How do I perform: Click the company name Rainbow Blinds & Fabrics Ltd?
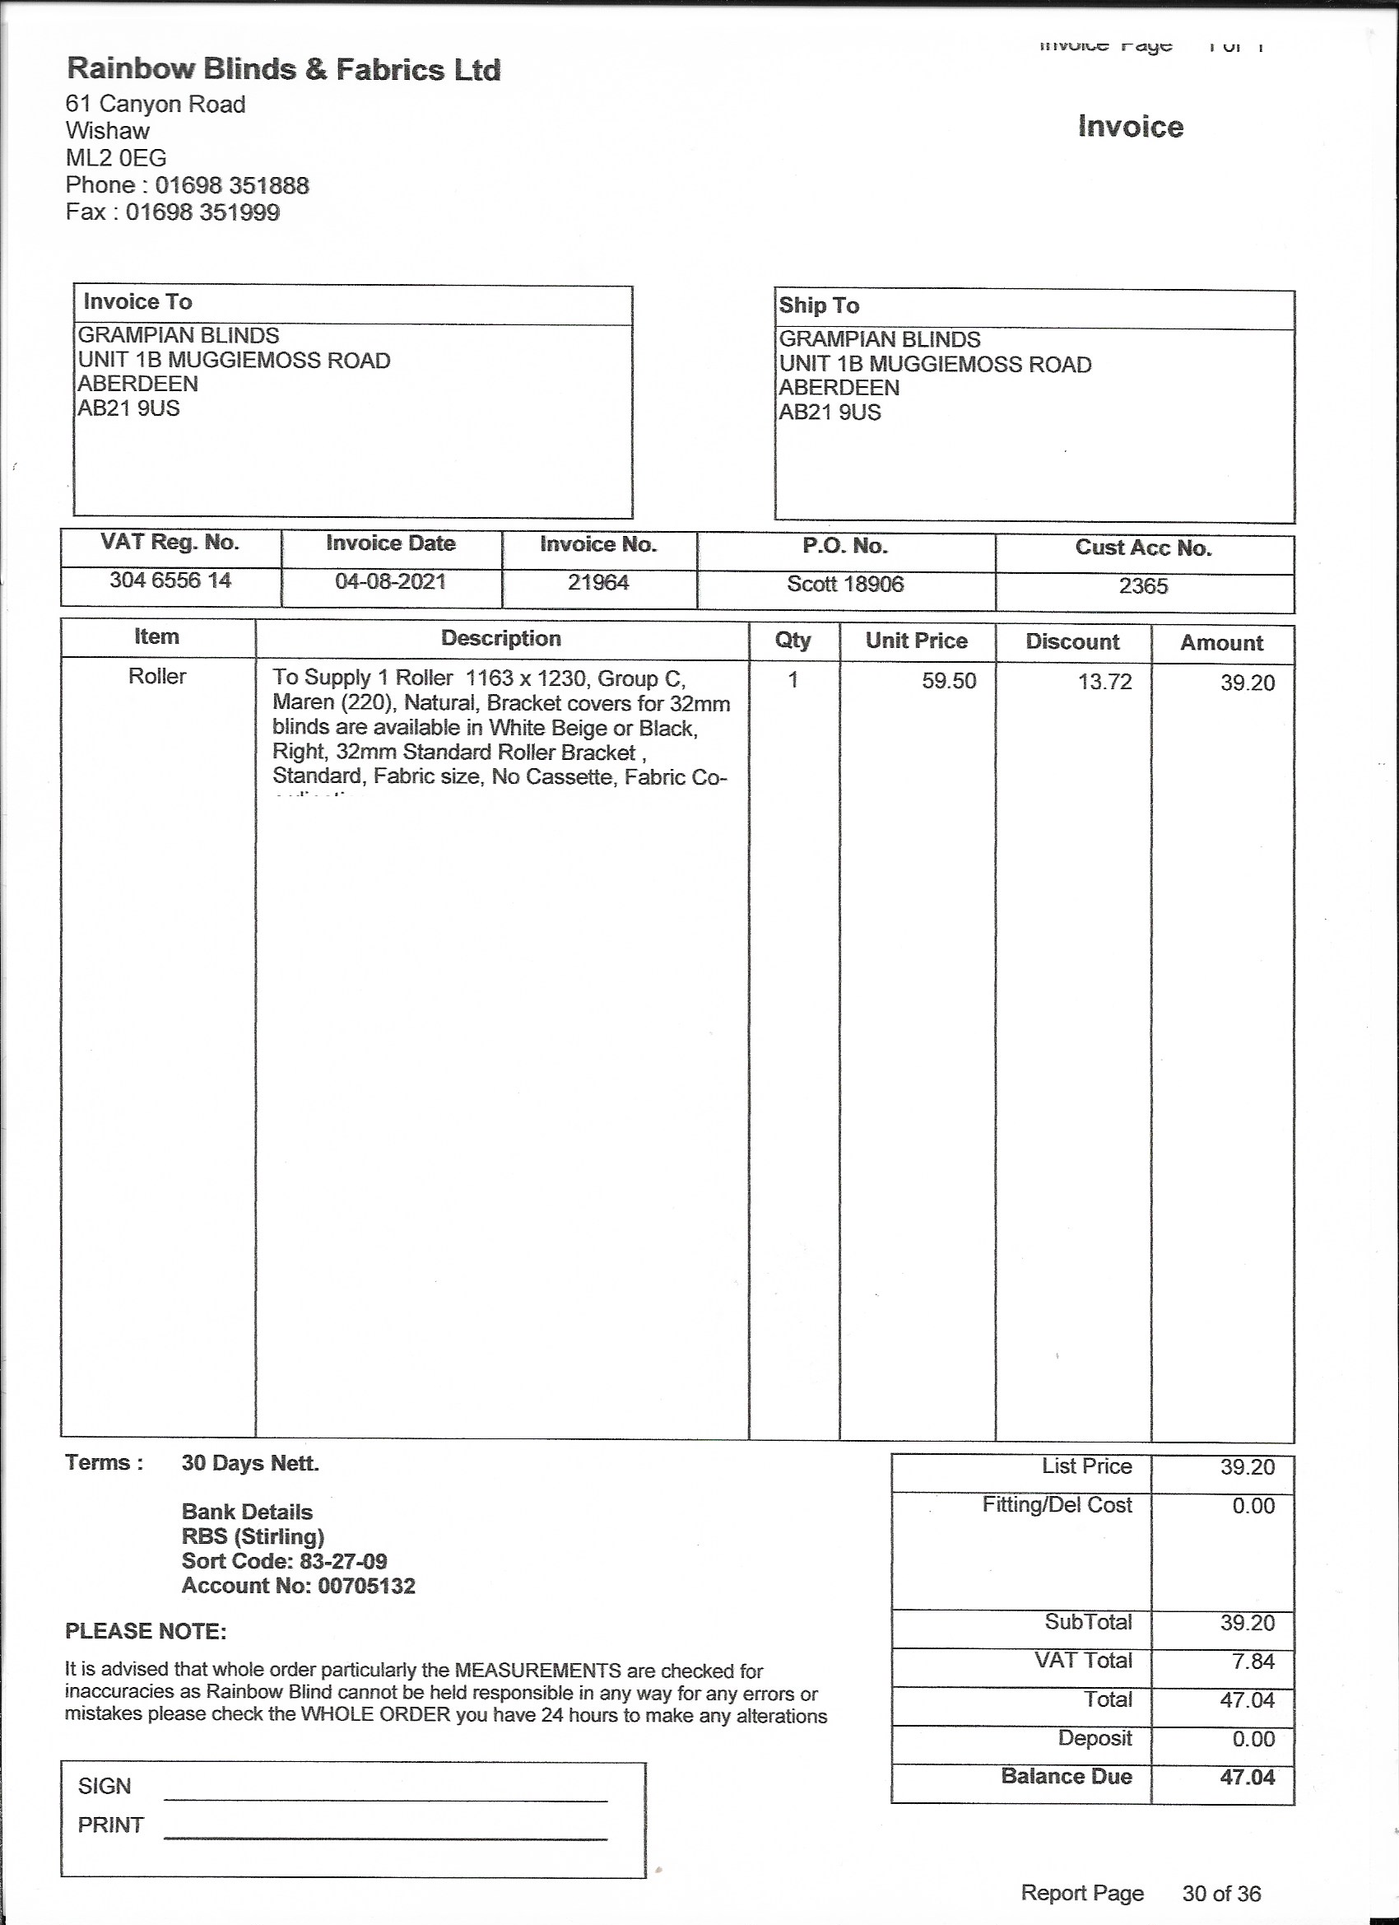[283, 69]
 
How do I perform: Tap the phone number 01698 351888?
[231, 185]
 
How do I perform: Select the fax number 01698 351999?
[202, 212]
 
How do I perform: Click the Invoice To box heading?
[137, 302]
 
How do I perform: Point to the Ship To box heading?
[819, 305]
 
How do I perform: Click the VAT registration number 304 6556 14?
[170, 580]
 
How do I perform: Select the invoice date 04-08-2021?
[390, 582]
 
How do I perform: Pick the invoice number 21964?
[598, 583]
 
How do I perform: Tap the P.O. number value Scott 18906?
[845, 585]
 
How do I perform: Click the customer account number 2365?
[1143, 586]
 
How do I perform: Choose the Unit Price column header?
[916, 641]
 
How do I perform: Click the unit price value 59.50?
[949, 682]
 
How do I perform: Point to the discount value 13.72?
[1104, 683]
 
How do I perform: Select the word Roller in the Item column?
[157, 677]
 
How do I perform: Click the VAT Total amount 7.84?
[1253, 1661]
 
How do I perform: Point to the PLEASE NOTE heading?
[146, 1631]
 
